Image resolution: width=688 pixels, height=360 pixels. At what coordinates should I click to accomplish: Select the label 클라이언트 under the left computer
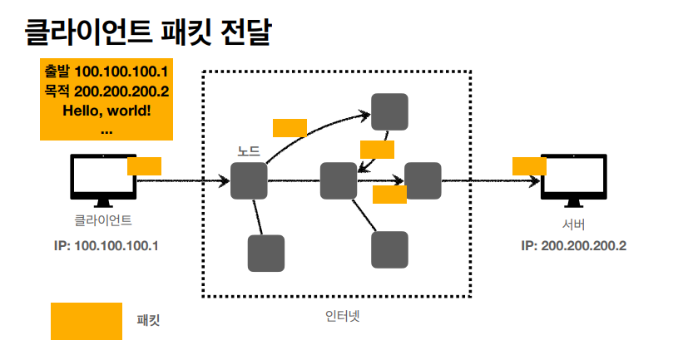(103, 221)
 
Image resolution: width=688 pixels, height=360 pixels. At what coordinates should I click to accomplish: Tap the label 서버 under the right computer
(573, 224)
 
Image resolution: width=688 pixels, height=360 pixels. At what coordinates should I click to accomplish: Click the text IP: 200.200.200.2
(573, 246)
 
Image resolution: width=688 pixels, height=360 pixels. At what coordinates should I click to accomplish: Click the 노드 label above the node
(249, 151)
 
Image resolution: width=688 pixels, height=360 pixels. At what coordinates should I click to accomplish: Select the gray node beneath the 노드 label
(249, 180)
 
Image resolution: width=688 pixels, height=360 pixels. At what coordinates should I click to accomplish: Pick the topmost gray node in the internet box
(389, 111)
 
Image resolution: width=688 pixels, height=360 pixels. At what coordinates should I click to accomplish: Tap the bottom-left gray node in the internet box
(266, 253)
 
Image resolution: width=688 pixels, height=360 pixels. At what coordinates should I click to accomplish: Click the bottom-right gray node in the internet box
(389, 249)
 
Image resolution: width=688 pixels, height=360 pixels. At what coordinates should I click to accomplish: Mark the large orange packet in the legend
(87, 321)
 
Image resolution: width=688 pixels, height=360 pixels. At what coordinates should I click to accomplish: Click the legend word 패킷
(148, 320)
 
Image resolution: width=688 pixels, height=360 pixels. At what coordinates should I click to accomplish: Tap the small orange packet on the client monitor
(144, 165)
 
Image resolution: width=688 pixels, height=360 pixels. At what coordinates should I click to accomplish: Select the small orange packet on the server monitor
(529, 165)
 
